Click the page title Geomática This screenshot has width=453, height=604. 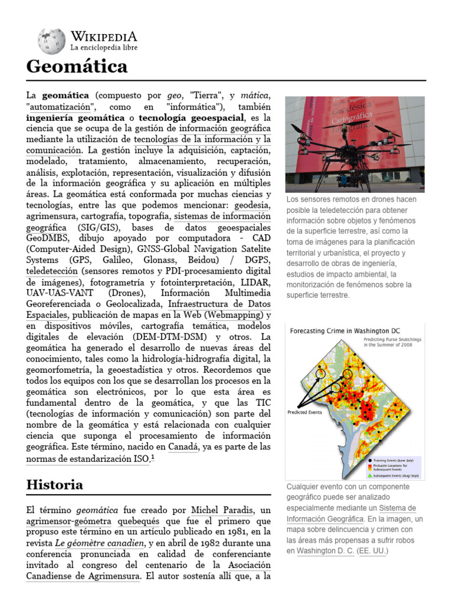point(77,67)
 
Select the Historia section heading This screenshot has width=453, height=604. point(55,485)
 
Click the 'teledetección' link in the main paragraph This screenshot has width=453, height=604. point(52,271)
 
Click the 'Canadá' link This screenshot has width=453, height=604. point(183,447)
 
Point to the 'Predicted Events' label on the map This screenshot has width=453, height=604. point(306,412)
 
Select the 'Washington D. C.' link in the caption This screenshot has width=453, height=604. point(326,551)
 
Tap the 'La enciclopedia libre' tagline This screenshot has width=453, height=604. point(104,47)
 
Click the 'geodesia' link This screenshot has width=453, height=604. point(252,205)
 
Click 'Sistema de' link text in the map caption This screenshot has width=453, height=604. point(398,508)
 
